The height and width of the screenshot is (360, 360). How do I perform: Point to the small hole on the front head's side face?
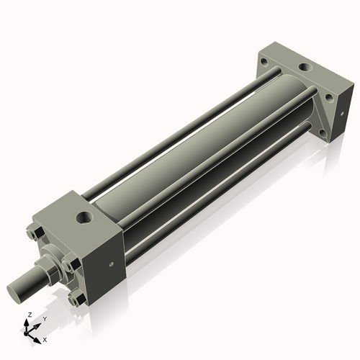(x=110, y=264)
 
